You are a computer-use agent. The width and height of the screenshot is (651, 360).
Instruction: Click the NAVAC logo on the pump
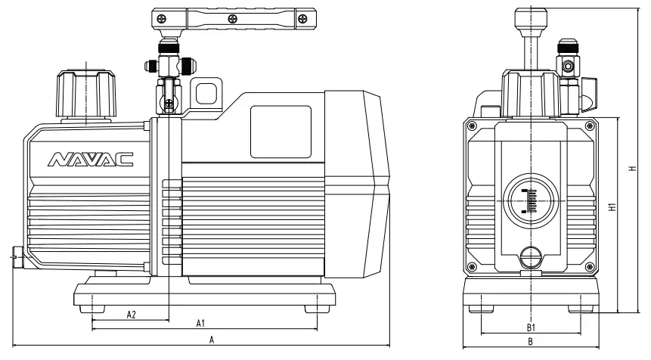coord(91,159)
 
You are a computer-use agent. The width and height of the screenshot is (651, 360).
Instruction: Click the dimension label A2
coord(131,314)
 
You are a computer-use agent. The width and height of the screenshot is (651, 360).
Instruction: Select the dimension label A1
coord(201,324)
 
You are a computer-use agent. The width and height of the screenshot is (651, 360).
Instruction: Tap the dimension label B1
coord(531,327)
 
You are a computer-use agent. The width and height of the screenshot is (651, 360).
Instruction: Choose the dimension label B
coord(531,342)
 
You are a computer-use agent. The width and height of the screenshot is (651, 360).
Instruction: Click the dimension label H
coord(631,169)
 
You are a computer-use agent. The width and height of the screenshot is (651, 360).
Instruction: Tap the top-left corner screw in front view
coord(473,125)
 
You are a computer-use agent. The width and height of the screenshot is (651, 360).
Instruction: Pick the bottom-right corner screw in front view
coord(591,265)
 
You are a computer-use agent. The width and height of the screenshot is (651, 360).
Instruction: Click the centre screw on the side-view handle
coord(233,17)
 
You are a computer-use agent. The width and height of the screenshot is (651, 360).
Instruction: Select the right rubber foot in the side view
coord(318,307)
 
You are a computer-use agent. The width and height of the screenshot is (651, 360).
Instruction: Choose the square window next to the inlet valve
coord(206,94)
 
